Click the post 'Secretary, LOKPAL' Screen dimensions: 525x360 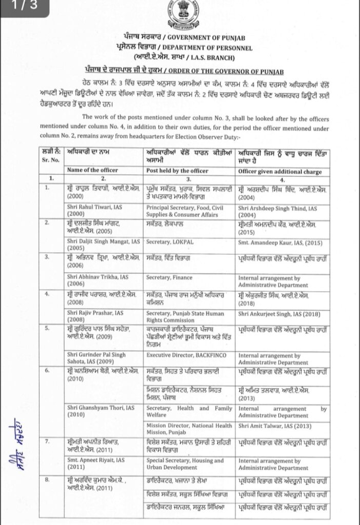(167, 241)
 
